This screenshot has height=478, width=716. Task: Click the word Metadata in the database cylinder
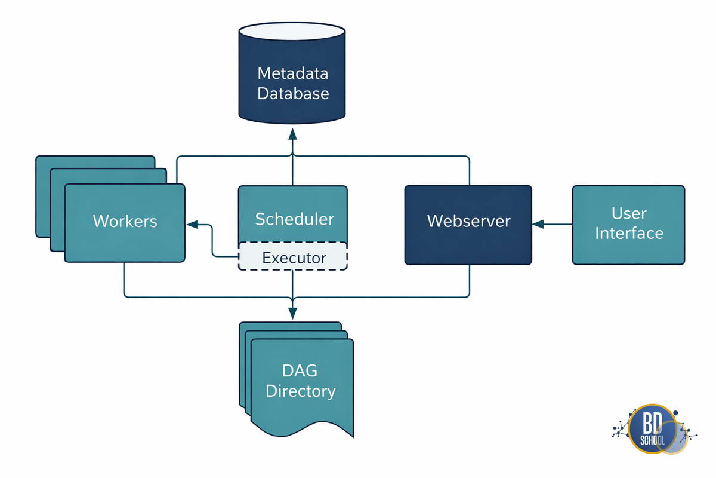[x=293, y=73]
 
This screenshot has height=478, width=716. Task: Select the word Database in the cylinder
[x=293, y=93]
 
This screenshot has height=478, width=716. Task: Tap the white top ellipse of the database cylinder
[x=292, y=32]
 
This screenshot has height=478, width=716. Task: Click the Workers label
[x=125, y=221]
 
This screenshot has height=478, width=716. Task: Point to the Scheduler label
[x=294, y=219]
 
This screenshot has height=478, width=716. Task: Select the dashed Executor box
[x=293, y=256]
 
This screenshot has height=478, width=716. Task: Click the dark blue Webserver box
[x=468, y=225]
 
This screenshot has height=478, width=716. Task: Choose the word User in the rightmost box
[x=629, y=213]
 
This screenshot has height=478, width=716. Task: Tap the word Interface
[x=629, y=233]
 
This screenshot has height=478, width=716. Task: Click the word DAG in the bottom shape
[x=300, y=370]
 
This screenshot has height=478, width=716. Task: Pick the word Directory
[x=301, y=391]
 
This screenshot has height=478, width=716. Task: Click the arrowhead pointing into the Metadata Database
[x=292, y=134]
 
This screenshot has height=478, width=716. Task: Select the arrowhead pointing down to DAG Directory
[x=292, y=314]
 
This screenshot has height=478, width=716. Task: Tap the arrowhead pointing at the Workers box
[x=192, y=225]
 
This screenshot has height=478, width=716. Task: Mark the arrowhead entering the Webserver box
[x=538, y=224]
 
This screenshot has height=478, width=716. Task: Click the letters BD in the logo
[x=652, y=422]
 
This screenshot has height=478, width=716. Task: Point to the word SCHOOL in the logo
[x=652, y=440]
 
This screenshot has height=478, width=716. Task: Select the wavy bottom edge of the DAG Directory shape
[x=303, y=429]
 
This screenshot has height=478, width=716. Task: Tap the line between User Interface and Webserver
[x=558, y=224]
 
